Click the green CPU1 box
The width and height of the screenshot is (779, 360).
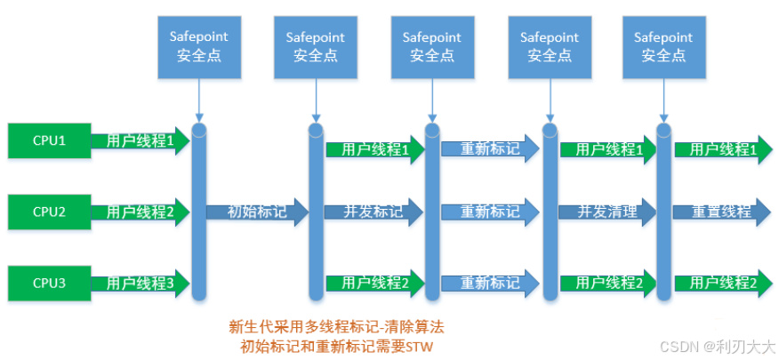(x=49, y=140)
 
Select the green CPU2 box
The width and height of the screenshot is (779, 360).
(x=49, y=212)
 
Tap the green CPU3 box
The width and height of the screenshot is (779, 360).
(x=49, y=283)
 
